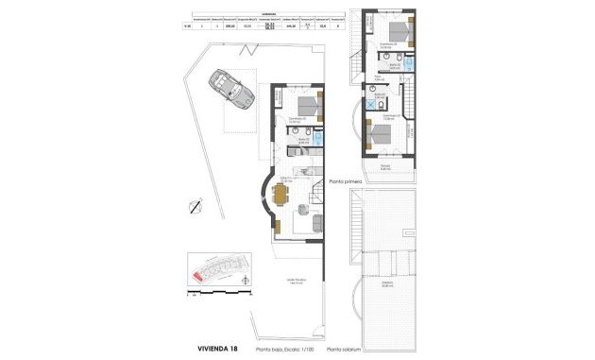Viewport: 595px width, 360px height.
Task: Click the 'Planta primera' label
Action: click(x=348, y=179)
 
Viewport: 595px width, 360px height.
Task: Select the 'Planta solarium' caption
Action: click(x=346, y=349)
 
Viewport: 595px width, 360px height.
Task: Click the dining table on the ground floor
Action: click(x=279, y=197)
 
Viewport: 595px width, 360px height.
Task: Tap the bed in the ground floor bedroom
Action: click(x=307, y=105)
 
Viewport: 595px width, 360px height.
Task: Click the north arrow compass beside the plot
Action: click(x=196, y=207)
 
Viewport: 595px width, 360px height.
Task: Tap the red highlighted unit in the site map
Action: click(x=198, y=275)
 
